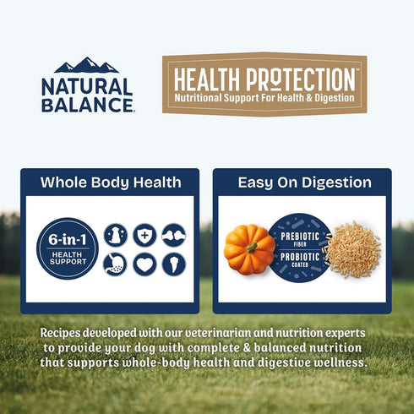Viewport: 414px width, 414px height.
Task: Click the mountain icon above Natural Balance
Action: coord(86,65)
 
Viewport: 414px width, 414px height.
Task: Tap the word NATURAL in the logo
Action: coord(87,86)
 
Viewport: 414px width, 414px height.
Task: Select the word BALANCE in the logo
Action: coord(87,104)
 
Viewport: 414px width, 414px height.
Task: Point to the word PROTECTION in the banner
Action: coord(300,79)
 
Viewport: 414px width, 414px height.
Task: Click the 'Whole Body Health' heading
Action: coord(111,182)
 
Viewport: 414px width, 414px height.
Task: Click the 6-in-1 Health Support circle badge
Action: coord(68,248)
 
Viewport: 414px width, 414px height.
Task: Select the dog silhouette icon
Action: coord(115,235)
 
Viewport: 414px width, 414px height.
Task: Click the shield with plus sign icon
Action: coord(144,235)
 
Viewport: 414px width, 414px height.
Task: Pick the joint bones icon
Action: coord(174,235)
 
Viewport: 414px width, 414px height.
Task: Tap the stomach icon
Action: coord(115,264)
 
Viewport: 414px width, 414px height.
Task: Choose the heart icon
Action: coord(144,264)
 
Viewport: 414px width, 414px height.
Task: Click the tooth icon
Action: coord(174,264)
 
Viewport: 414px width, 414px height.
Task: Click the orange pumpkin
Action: coord(249,249)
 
